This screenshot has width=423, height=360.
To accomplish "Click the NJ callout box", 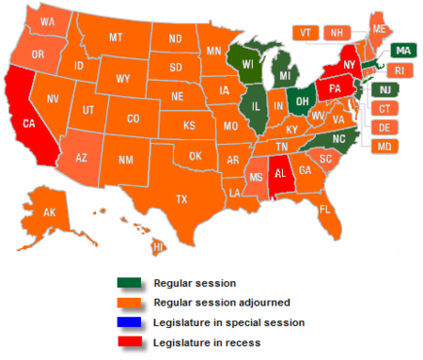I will click(383, 89).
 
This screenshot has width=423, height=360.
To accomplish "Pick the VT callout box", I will click(305, 32).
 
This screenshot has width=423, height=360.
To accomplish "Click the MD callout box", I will click(384, 147).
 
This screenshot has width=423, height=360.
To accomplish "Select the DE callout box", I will click(384, 127).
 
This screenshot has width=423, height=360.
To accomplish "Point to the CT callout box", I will click(384, 108).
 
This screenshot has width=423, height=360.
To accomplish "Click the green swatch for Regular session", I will click(131, 283).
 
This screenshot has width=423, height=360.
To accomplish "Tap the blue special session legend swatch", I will click(131, 321).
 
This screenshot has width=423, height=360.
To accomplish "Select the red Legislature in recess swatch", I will click(131, 341).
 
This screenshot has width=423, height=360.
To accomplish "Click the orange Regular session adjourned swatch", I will click(131, 302).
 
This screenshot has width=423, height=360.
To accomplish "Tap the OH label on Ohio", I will click(303, 96).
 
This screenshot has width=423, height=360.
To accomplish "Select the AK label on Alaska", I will click(49, 213).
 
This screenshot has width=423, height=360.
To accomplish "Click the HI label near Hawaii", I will click(159, 246).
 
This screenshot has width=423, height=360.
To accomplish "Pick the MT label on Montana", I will click(117, 37).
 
